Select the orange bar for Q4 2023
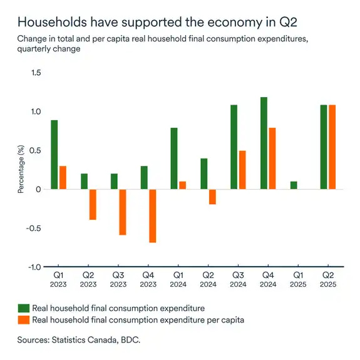152,216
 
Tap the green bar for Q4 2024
264,143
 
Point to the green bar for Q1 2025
294,185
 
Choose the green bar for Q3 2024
234,147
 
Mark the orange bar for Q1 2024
182,185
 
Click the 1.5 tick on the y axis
36,73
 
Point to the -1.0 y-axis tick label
34,267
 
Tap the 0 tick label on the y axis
38,189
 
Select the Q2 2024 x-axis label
208,279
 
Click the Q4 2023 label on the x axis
148,279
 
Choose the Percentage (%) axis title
21,170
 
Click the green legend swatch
23,308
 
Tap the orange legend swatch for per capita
23,320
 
